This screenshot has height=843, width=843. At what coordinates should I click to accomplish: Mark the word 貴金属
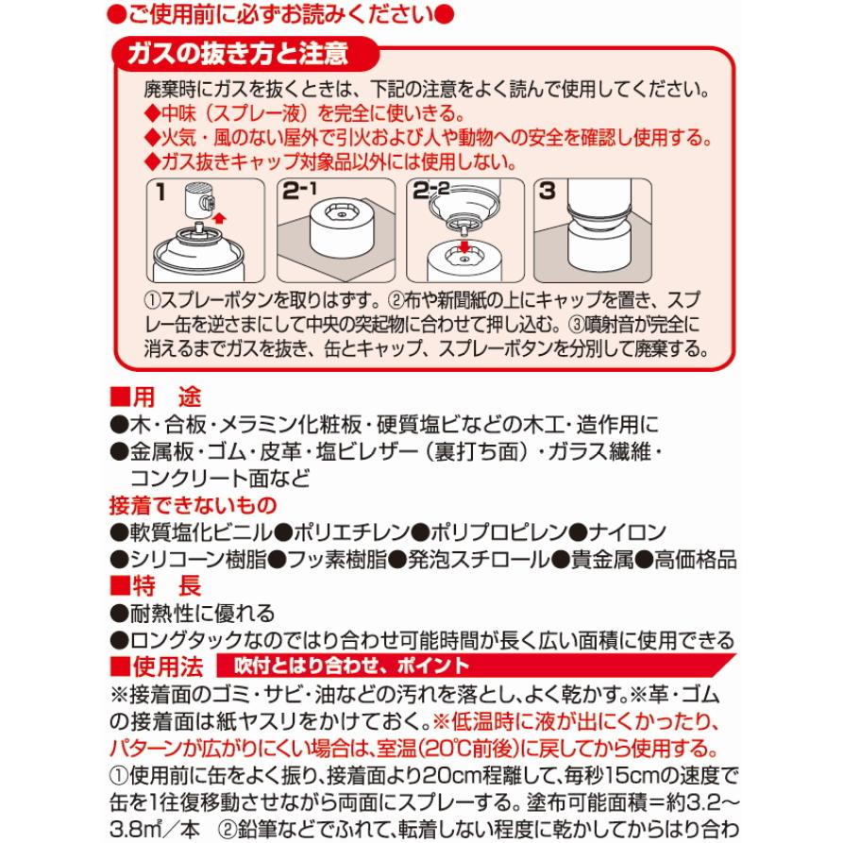[600, 558]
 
